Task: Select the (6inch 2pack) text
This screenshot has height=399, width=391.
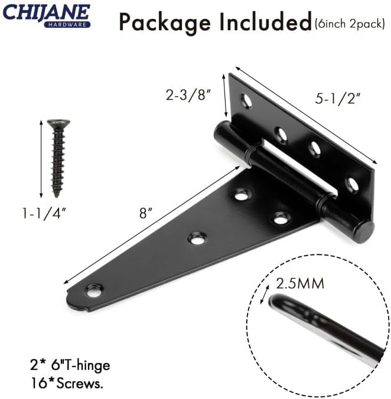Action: coord(350,24)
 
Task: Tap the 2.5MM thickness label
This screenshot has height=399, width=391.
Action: coord(300,283)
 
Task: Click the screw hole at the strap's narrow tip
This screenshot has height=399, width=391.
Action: coord(93,290)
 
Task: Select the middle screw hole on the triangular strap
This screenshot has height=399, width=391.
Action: coord(196,238)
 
